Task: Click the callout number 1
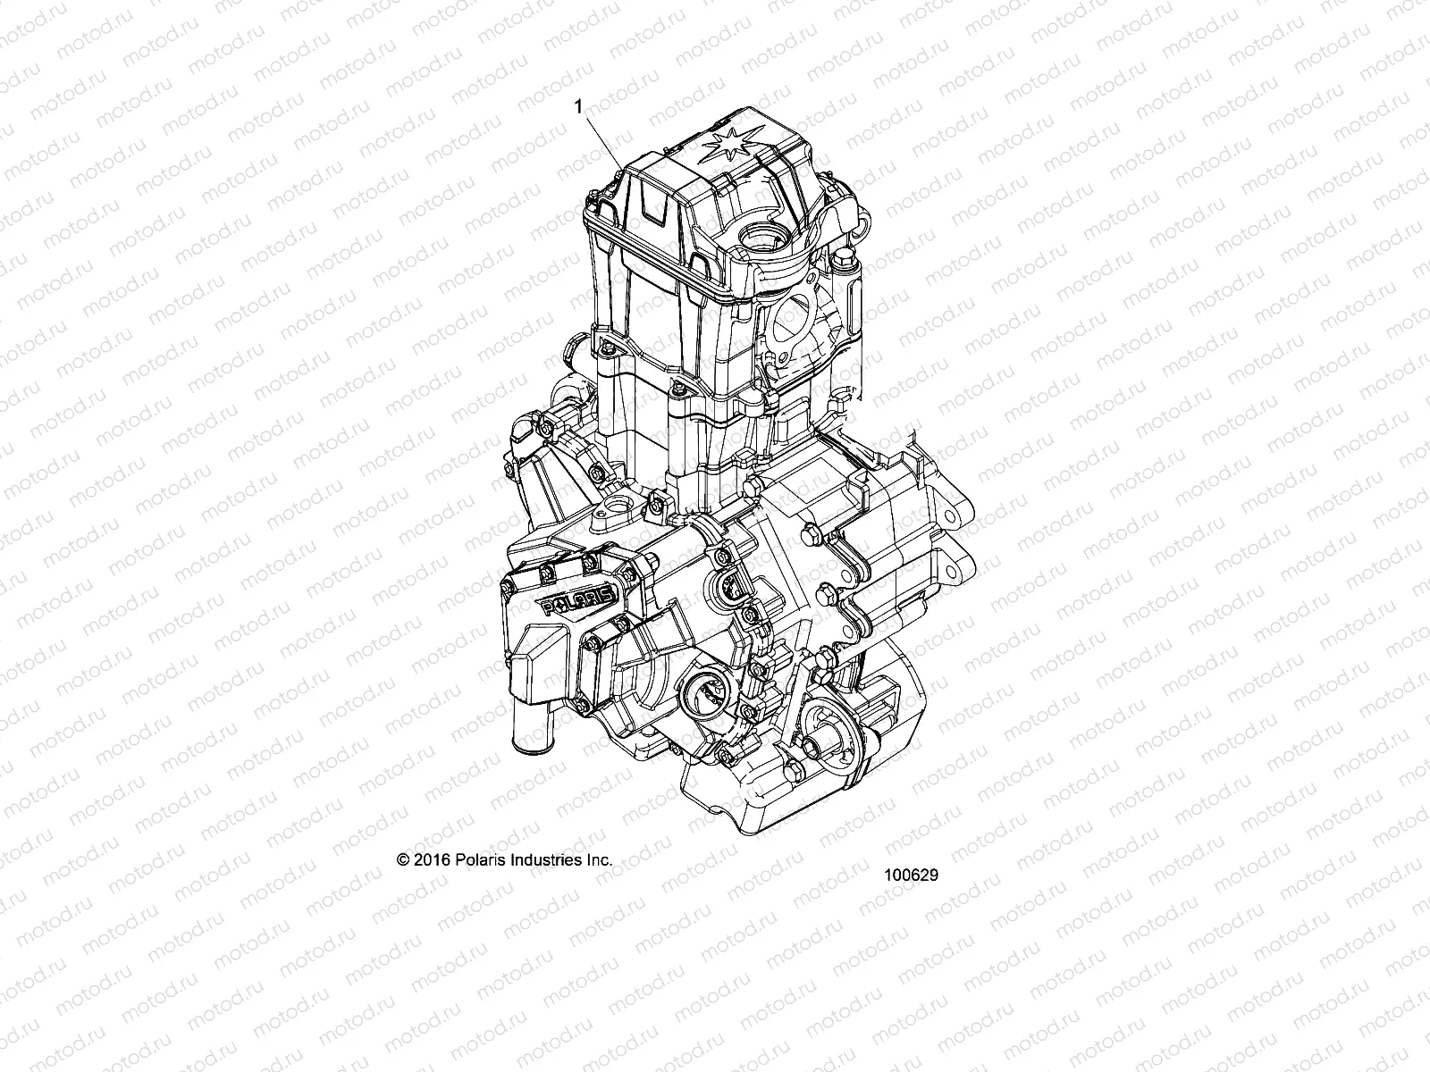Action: [x=579, y=106]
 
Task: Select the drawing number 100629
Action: [x=911, y=876]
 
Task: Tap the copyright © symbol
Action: [x=402, y=859]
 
